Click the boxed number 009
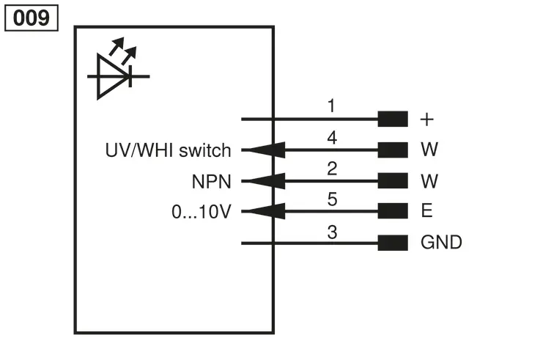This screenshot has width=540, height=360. pos(32,18)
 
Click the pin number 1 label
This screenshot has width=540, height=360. pos(331,106)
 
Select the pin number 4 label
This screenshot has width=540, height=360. pos(332,137)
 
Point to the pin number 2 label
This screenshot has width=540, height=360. pos(332,169)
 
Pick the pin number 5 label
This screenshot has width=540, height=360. pos(332,199)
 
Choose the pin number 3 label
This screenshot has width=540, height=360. pos(332,232)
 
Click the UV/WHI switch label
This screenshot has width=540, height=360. pos(168,150)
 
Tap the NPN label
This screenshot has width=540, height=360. pos(211,182)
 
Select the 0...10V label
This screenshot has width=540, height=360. pos(201,212)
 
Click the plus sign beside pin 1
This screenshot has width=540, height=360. pos(426,120)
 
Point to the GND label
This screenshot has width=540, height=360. pos(441,242)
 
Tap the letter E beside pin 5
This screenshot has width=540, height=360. pos(426,210)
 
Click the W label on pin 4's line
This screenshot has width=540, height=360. pos(429,149)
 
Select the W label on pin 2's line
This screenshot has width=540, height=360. pos(429,181)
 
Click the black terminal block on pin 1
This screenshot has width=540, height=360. pos(393,119)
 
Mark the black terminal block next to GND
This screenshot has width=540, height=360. pos(393,243)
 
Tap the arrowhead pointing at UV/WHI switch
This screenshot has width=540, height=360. pos(266,150)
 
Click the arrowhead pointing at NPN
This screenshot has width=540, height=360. pos(266,181)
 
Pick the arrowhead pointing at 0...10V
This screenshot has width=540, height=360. pos(266,211)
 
